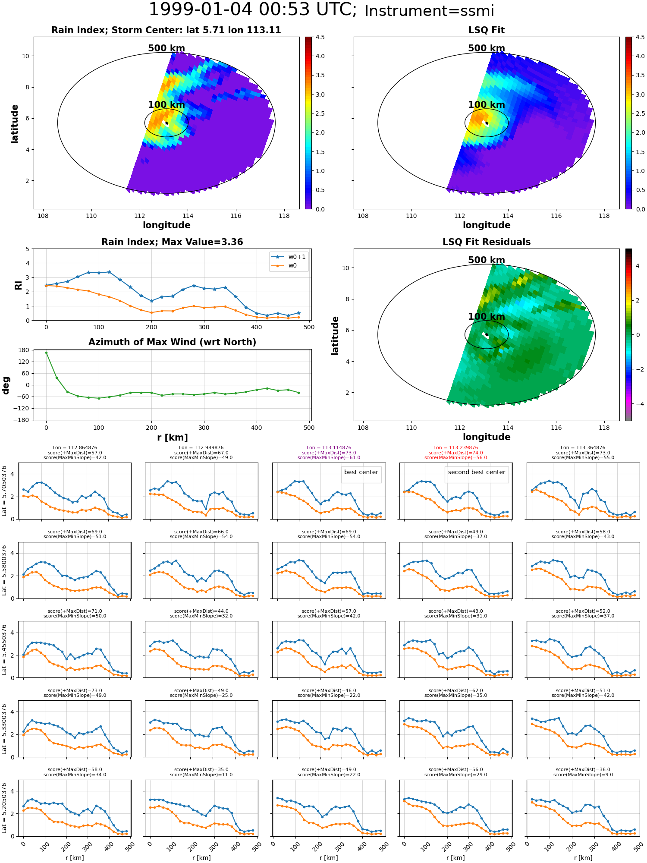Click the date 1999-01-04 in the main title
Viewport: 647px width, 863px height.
(x=204, y=10)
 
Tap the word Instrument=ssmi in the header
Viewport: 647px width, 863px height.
(x=429, y=11)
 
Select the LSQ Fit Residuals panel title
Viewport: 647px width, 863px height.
(x=486, y=242)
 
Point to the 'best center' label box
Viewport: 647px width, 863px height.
(x=361, y=472)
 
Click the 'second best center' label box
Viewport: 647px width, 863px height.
(x=476, y=472)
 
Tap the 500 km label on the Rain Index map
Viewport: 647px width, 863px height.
(x=166, y=48)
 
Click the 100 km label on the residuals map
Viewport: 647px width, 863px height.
(x=486, y=317)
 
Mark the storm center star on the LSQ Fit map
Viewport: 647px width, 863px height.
(x=487, y=123)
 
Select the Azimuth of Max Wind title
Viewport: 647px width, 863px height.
(x=172, y=342)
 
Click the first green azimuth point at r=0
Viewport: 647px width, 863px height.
(x=46, y=353)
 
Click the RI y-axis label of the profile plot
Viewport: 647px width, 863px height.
(x=18, y=285)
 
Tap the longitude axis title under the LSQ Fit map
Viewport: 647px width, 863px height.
(x=486, y=225)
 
